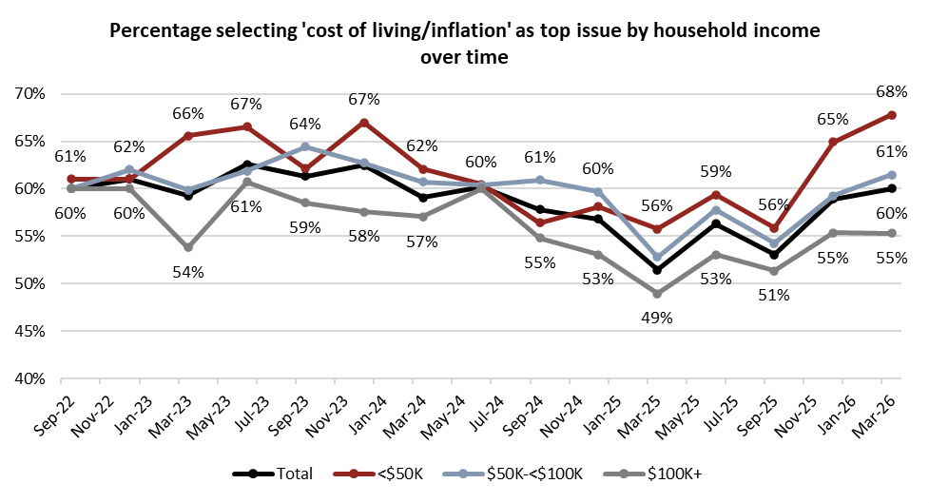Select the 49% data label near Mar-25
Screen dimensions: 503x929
(x=657, y=319)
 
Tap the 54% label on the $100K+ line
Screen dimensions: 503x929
(x=188, y=273)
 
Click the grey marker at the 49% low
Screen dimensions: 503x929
(x=657, y=294)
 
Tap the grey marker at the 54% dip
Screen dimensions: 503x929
(x=187, y=247)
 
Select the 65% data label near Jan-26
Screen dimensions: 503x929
(x=833, y=120)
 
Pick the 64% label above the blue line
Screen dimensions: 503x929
(x=304, y=125)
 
